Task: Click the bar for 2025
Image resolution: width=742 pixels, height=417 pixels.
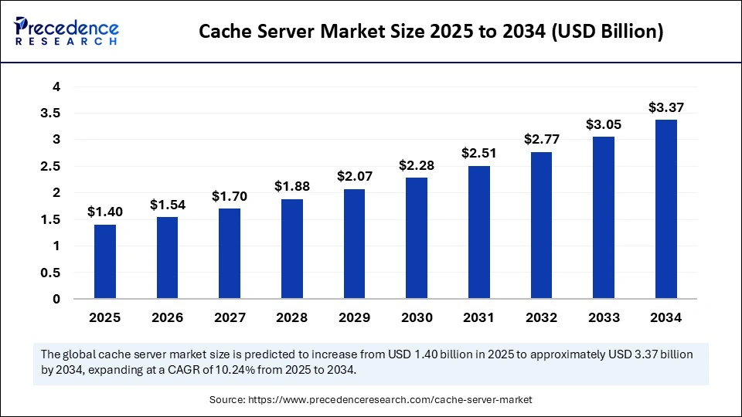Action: click(x=105, y=261)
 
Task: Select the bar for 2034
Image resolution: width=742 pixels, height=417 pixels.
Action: click(x=665, y=208)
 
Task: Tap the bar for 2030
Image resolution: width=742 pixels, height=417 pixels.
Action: click(x=417, y=238)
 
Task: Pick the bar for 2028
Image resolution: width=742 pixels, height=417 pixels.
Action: click(x=292, y=248)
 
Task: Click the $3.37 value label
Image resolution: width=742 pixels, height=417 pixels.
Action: click(x=665, y=107)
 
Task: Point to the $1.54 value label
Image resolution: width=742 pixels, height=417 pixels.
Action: click(x=168, y=205)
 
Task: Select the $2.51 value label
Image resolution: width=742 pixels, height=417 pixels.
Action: click(x=479, y=153)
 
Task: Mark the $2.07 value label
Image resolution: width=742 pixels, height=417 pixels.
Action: click(x=355, y=176)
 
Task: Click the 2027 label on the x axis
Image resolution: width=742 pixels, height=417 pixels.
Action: click(x=230, y=317)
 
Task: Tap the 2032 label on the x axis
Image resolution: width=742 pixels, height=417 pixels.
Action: click(x=541, y=317)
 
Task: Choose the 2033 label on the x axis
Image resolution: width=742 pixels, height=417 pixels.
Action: click(x=604, y=317)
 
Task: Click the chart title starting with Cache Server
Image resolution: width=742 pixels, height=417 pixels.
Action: click(x=431, y=32)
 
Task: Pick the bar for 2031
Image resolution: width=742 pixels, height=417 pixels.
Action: click(x=479, y=232)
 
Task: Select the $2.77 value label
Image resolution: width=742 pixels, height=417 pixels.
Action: click(x=541, y=140)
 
